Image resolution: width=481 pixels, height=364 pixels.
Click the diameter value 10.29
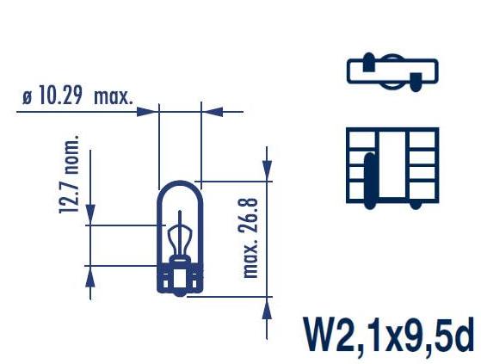pos(61,96)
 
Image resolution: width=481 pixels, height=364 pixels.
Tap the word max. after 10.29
pos(114,97)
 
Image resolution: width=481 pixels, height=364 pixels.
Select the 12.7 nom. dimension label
pos(69,174)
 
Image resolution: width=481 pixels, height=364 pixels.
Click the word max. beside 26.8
pos(250,260)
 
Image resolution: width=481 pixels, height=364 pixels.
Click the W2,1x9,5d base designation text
pos(389,336)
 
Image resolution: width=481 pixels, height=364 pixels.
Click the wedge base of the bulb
pos(180,280)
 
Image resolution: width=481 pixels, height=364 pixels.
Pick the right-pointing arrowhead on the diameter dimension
pos(147,112)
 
